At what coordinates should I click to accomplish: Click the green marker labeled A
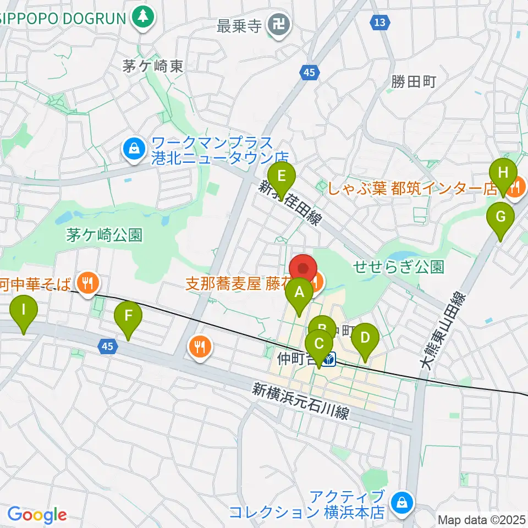click(299, 293)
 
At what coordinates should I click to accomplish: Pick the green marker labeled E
click(282, 177)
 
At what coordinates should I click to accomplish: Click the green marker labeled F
click(128, 316)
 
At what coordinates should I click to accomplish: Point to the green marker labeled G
click(500, 217)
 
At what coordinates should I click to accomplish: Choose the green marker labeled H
click(503, 173)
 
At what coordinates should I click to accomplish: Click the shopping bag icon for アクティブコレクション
click(402, 502)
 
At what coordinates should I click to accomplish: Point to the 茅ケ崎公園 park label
click(104, 236)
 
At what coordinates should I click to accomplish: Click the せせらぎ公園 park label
click(399, 267)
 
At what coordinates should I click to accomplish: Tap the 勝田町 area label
click(413, 82)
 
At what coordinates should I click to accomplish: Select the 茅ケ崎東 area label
click(153, 67)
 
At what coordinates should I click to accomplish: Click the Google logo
click(37, 515)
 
